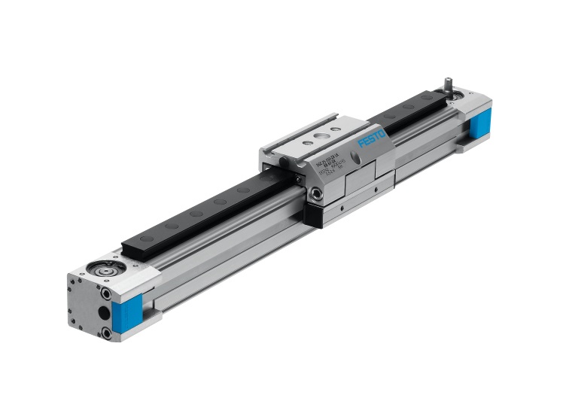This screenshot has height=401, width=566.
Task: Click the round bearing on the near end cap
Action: [99, 266]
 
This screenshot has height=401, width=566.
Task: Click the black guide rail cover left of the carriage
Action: [196, 215]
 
